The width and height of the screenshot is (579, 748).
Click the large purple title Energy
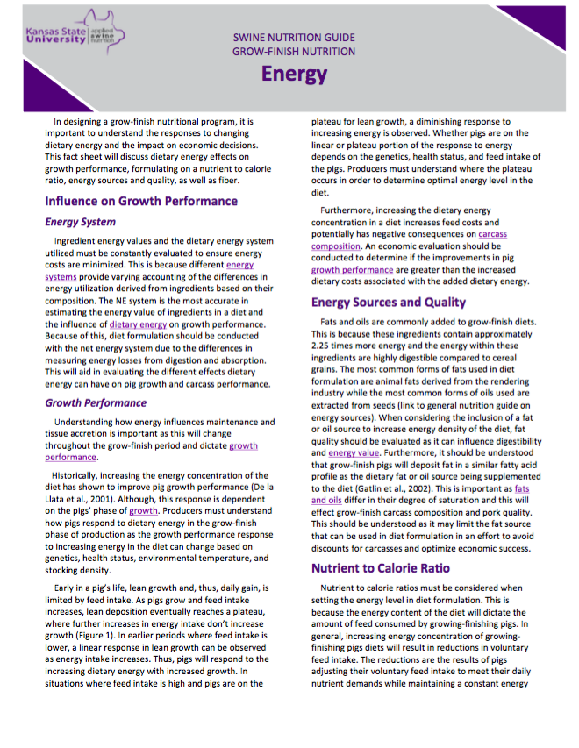point(294,74)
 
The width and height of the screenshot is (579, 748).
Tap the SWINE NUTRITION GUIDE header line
point(294,38)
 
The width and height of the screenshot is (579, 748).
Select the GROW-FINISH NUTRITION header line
point(294,52)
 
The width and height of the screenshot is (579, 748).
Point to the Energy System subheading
point(81,223)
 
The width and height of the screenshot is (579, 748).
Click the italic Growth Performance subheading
point(96,403)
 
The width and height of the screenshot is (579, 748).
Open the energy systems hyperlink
point(239,265)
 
